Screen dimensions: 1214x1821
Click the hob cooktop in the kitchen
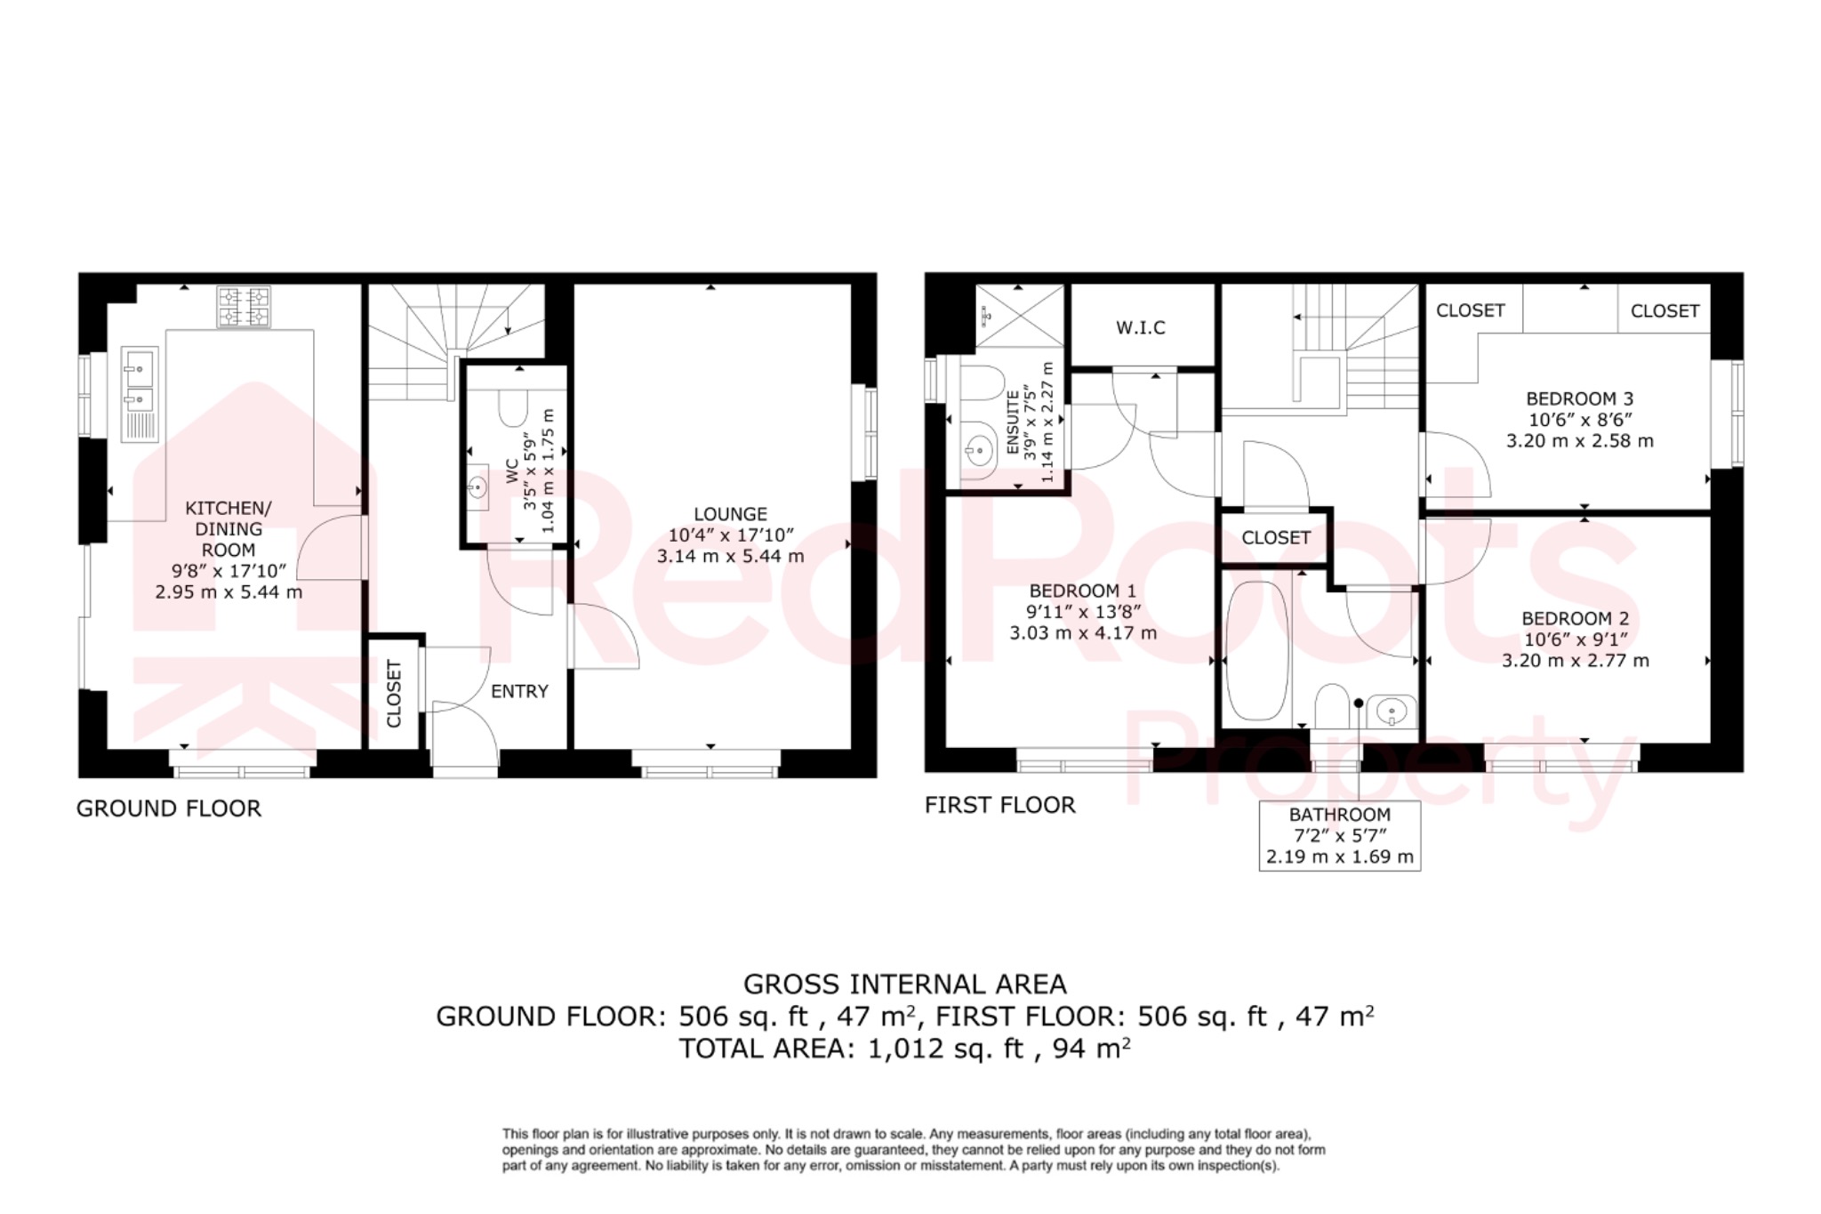click(x=244, y=307)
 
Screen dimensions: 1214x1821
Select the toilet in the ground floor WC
click(x=512, y=409)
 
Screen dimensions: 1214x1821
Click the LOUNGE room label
click(x=730, y=514)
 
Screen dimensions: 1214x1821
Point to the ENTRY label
click(x=519, y=691)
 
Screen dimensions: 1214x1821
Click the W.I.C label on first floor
click(x=1141, y=327)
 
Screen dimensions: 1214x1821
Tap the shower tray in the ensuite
click(x=1019, y=315)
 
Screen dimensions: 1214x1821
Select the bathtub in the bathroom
click(x=1257, y=651)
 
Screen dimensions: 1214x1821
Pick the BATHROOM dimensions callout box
click(x=1339, y=836)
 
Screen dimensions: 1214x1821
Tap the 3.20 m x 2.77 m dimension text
click(x=1575, y=661)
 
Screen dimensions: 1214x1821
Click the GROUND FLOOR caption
click(x=169, y=808)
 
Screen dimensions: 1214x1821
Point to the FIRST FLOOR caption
click(x=999, y=805)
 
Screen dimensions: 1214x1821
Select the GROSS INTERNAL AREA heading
click(x=904, y=984)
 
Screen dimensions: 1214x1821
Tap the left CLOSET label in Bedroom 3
click(x=1470, y=310)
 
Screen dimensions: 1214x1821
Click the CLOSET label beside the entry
click(x=394, y=693)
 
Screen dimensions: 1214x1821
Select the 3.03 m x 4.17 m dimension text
click(x=1082, y=633)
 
